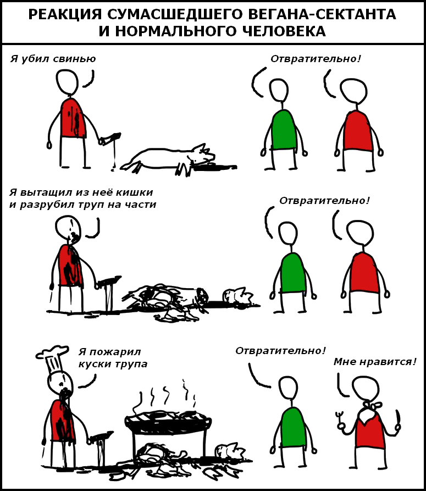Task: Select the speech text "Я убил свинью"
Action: pos(53,59)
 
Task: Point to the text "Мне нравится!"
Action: pos(375,362)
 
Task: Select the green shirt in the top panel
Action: pos(284,129)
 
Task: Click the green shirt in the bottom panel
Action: pos(293,427)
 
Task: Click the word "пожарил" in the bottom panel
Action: pos(114,352)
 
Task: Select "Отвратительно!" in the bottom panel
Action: pos(280,351)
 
